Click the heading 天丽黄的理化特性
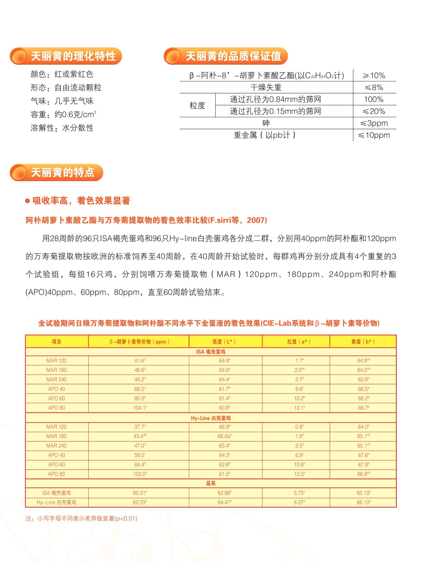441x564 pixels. (x=73, y=56)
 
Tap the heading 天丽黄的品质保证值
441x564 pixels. (x=233, y=56)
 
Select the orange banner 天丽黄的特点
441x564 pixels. (x=63, y=172)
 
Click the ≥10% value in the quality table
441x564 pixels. (x=374, y=76)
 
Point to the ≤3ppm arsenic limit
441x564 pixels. (x=374, y=123)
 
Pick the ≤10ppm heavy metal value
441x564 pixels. (x=374, y=135)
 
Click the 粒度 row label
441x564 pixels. (x=197, y=106)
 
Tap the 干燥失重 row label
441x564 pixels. (x=266, y=88)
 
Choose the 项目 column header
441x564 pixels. (x=56, y=341)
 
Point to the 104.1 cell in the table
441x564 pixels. (x=140, y=408)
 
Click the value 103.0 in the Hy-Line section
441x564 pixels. (x=140, y=474)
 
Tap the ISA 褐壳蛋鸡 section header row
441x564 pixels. (x=211, y=352)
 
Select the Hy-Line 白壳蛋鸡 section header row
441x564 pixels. (x=211, y=418)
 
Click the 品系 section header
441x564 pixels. (x=211, y=483)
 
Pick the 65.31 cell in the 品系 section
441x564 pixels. (x=140, y=493)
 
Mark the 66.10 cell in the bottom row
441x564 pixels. (x=363, y=502)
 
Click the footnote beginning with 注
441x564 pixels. (x=81, y=518)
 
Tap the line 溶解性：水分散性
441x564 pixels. (x=62, y=128)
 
